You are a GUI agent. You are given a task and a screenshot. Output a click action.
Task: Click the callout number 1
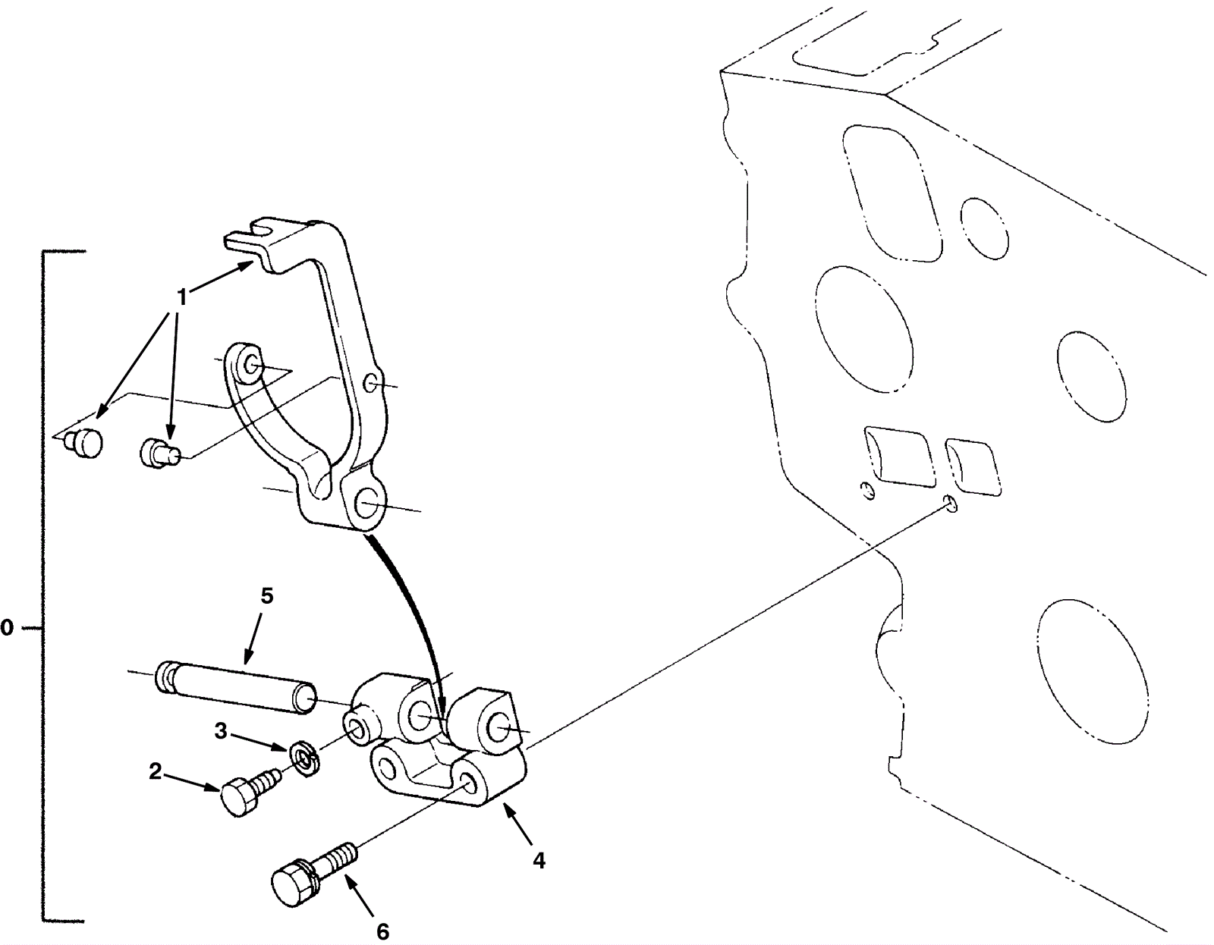coord(181,297)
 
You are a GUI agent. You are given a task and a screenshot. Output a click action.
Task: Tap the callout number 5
coord(267,596)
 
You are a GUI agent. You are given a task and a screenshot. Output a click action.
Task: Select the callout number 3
coord(222,730)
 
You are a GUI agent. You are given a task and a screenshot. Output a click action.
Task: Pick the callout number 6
coord(382,931)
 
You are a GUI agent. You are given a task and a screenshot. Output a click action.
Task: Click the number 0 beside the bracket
coord(7,628)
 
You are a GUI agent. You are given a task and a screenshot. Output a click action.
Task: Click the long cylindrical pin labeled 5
coord(236,686)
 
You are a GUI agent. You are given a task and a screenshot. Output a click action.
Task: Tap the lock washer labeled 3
coord(305,758)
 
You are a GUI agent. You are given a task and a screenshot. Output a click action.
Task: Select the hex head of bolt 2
coord(240,799)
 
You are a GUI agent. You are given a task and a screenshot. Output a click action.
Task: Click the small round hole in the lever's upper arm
coord(370,383)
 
